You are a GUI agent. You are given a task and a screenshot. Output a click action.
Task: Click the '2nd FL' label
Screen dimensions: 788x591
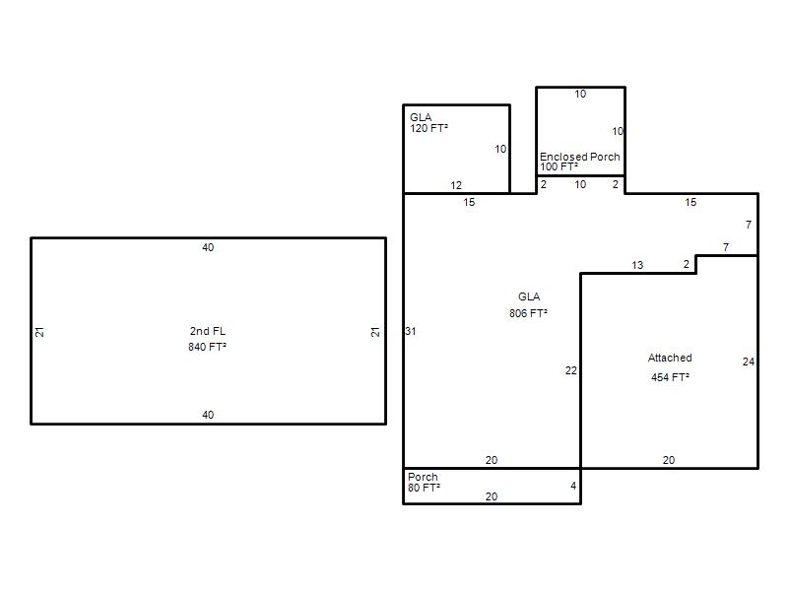click(208, 331)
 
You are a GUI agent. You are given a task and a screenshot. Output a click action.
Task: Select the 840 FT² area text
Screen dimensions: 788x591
click(207, 347)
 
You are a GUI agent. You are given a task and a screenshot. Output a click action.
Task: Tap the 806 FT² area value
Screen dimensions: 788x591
click(528, 313)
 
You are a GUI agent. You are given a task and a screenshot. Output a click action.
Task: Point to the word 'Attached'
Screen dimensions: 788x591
click(670, 358)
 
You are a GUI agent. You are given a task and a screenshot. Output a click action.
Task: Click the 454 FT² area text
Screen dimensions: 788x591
click(670, 377)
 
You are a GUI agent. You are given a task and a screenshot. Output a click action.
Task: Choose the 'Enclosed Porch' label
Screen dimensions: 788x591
click(580, 157)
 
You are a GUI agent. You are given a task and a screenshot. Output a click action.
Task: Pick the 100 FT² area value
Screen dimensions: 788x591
click(558, 166)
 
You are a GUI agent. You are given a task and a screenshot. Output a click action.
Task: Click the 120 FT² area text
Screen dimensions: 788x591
click(428, 128)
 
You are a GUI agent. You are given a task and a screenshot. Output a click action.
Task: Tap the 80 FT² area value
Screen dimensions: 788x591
click(424, 488)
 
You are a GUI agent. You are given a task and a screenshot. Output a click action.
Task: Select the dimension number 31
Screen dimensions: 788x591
click(411, 331)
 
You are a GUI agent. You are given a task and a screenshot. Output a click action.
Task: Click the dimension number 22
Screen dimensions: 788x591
click(571, 371)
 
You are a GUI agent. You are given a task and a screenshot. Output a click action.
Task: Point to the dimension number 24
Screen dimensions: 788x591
click(749, 361)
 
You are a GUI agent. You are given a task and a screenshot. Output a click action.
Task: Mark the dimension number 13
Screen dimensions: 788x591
click(637, 265)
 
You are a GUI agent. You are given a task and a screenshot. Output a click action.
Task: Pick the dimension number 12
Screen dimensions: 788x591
click(456, 185)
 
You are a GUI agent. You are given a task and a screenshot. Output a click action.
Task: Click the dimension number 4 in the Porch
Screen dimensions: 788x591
click(573, 486)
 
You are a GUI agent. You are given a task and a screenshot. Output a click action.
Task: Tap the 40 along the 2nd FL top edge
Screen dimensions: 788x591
click(208, 247)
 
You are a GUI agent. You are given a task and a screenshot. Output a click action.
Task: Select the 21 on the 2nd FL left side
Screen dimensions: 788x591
click(39, 332)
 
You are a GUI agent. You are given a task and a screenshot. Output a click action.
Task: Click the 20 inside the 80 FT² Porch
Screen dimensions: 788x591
click(492, 496)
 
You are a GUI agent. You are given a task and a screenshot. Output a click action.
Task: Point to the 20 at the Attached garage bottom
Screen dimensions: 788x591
click(669, 460)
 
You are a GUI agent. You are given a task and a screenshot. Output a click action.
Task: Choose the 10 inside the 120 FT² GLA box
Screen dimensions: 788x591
click(500, 150)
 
